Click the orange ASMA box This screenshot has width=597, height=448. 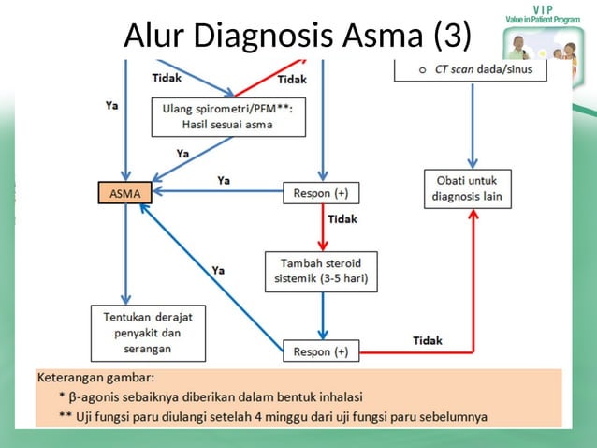[124, 193]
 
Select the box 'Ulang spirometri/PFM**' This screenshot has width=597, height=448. [228, 117]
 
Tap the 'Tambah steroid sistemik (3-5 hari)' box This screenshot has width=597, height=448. [321, 269]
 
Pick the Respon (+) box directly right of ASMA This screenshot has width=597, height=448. [321, 193]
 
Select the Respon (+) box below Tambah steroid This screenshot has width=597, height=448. [321, 351]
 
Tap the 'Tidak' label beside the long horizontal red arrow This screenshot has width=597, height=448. [427, 339]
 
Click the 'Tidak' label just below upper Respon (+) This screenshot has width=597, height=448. [342, 219]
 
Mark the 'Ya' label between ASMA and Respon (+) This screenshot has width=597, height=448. [225, 179]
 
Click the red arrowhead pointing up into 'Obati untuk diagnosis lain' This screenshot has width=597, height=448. [473, 215]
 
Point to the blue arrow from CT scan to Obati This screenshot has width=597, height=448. [473, 122]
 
